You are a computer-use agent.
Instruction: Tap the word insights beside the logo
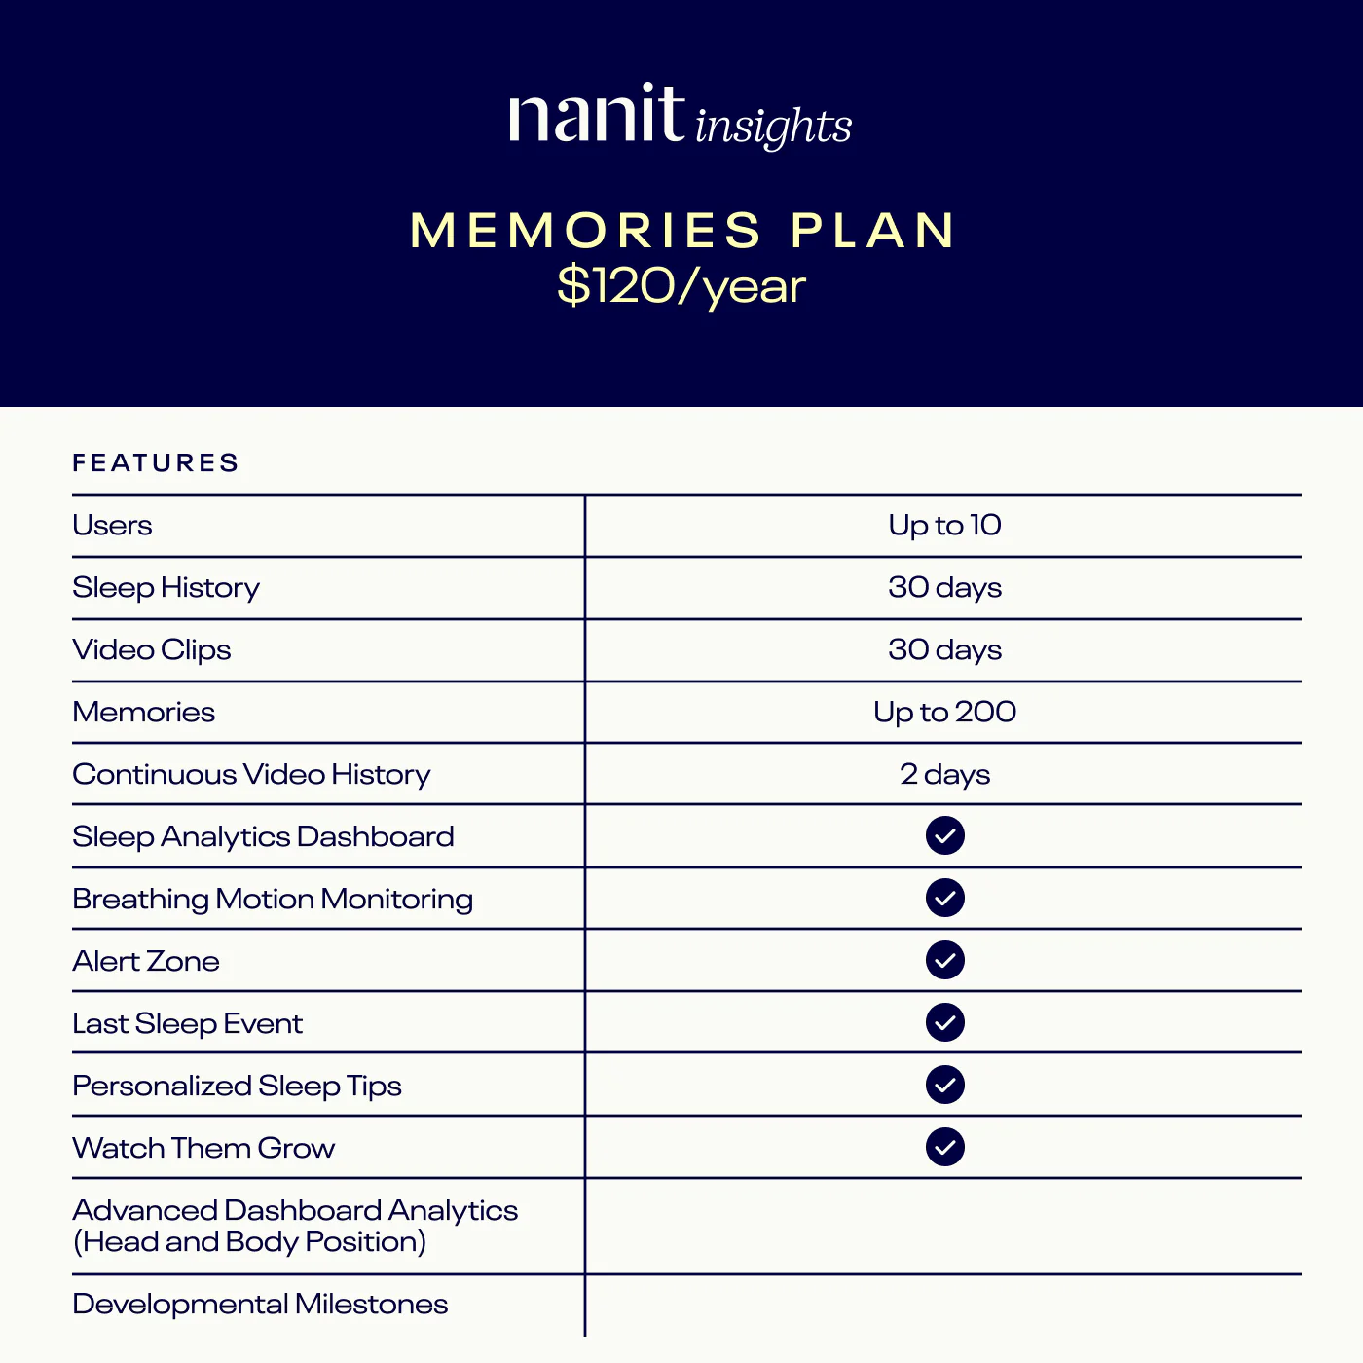pyautogui.click(x=774, y=127)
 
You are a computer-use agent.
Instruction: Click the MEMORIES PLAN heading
pyautogui.click(x=681, y=231)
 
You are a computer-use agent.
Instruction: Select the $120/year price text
pyautogui.click(x=681, y=286)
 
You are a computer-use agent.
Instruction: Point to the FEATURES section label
pyautogui.click(x=156, y=462)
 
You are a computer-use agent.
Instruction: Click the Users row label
pyautogui.click(x=112, y=526)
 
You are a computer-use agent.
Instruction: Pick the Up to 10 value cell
pyautogui.click(x=944, y=526)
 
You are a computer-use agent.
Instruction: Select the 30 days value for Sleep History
pyautogui.click(x=944, y=587)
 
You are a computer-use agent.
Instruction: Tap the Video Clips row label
pyautogui.click(x=152, y=649)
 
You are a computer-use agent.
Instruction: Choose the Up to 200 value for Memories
pyautogui.click(x=944, y=712)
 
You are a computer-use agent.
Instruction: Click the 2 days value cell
pyautogui.click(x=944, y=774)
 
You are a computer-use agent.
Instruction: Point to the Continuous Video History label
pyautogui.click(x=251, y=774)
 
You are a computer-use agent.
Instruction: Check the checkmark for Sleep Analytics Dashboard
pyautogui.click(x=944, y=835)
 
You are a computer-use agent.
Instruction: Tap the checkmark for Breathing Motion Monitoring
pyautogui.click(x=944, y=898)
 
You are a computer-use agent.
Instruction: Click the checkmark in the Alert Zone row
pyautogui.click(x=944, y=960)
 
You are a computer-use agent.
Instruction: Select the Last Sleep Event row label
pyautogui.click(x=188, y=1023)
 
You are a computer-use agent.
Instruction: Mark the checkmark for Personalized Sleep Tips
pyautogui.click(x=944, y=1085)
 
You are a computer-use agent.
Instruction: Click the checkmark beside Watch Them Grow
pyautogui.click(x=944, y=1147)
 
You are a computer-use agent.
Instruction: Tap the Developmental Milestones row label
pyautogui.click(x=260, y=1304)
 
